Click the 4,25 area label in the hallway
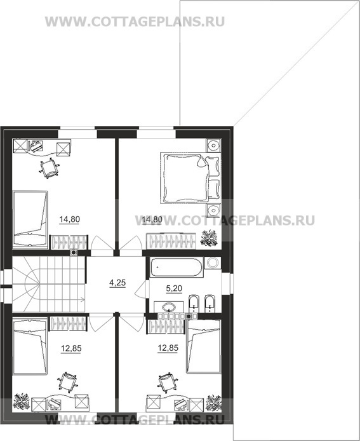click(117, 283)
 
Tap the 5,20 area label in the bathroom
click(174, 288)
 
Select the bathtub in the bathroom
click(176, 267)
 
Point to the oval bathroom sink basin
click(169, 306)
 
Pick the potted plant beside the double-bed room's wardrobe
click(209, 238)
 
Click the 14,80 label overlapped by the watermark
click(152, 219)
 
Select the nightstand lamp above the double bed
click(213, 146)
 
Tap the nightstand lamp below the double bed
click(213, 210)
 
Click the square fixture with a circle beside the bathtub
click(212, 263)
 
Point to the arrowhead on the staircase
click(83, 299)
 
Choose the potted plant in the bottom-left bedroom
click(22, 402)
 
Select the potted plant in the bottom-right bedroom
click(213, 402)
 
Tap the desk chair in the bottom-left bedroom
click(67, 382)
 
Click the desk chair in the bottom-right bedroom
click(168, 383)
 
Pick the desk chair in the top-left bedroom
click(50, 168)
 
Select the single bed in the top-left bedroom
click(30, 219)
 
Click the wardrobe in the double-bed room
click(171, 241)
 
